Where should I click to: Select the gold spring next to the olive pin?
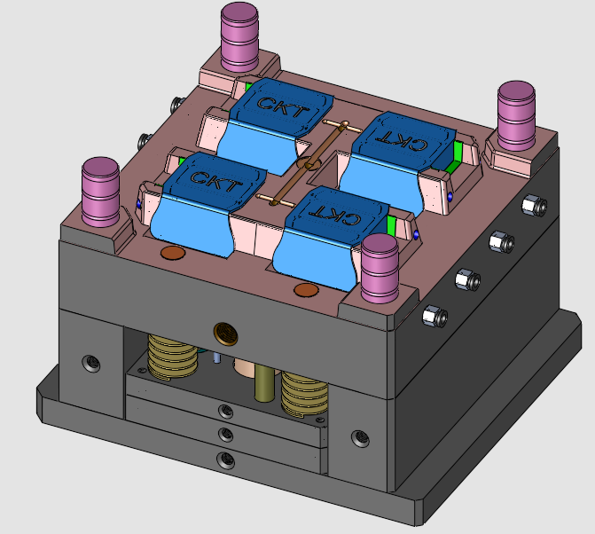[x=301, y=391]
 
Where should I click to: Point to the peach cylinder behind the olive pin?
[x=243, y=371]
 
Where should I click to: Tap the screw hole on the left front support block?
[x=90, y=362]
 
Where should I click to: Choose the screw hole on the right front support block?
[x=359, y=437]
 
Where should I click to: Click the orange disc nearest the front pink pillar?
[x=305, y=289]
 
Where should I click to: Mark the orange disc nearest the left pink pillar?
[x=172, y=254]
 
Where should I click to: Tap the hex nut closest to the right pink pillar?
[x=533, y=205]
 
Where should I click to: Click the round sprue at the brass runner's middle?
[x=309, y=164]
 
